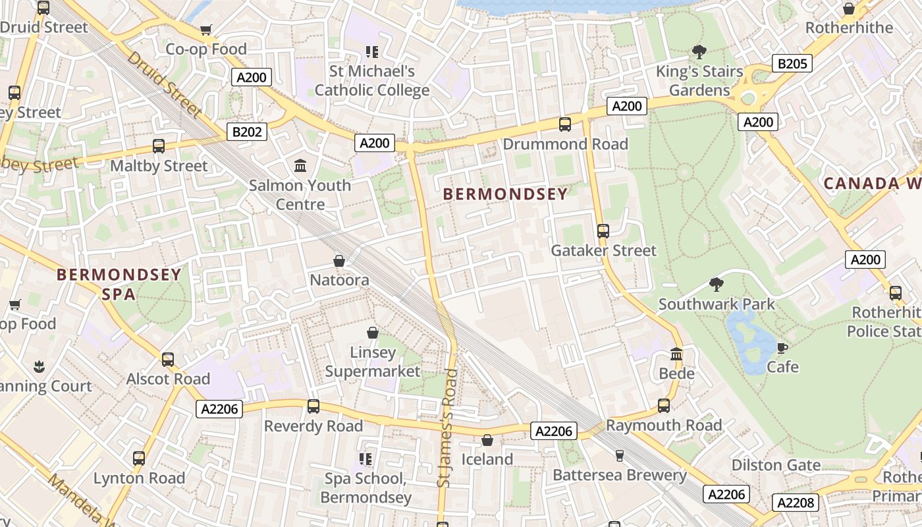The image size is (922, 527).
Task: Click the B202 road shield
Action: (x=248, y=132)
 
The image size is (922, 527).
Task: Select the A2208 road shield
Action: (x=795, y=503)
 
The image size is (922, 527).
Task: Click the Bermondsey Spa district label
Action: (x=119, y=284)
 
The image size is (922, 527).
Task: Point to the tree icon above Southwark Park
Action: (x=717, y=285)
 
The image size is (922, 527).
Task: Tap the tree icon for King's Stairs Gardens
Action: (x=699, y=51)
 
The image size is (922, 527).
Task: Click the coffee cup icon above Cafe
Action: (x=782, y=347)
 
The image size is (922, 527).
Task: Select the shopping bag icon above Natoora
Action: (x=339, y=261)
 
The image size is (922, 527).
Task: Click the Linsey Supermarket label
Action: (x=373, y=362)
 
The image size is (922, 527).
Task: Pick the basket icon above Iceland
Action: (x=487, y=439)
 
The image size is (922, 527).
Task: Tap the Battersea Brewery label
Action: (x=619, y=475)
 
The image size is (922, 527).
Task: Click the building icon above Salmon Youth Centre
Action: (x=300, y=165)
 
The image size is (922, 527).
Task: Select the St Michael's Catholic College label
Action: (x=372, y=80)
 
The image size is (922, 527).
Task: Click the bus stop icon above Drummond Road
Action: (x=564, y=124)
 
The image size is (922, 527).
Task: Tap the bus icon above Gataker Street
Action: (x=603, y=231)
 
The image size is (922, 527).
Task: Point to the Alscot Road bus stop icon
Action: (x=168, y=359)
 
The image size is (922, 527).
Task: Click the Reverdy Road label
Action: (x=313, y=426)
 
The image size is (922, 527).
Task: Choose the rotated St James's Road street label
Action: (x=447, y=428)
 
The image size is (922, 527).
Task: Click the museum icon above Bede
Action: (x=676, y=354)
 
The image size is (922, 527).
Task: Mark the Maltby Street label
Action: (x=159, y=165)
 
